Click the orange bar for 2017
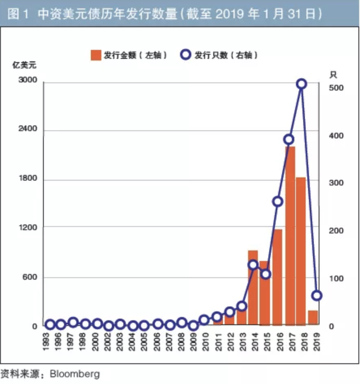(290, 235)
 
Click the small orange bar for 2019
(313, 317)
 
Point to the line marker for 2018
(301, 84)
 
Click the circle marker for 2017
(289, 140)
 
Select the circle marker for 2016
(278, 202)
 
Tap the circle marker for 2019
(317, 296)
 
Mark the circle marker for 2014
(253, 265)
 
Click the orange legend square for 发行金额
(96, 55)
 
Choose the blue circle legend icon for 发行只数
(186, 55)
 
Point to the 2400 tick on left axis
(28, 129)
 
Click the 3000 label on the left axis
(28, 81)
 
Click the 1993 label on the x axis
(49, 341)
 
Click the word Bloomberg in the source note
(74, 373)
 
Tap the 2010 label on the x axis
(205, 341)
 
